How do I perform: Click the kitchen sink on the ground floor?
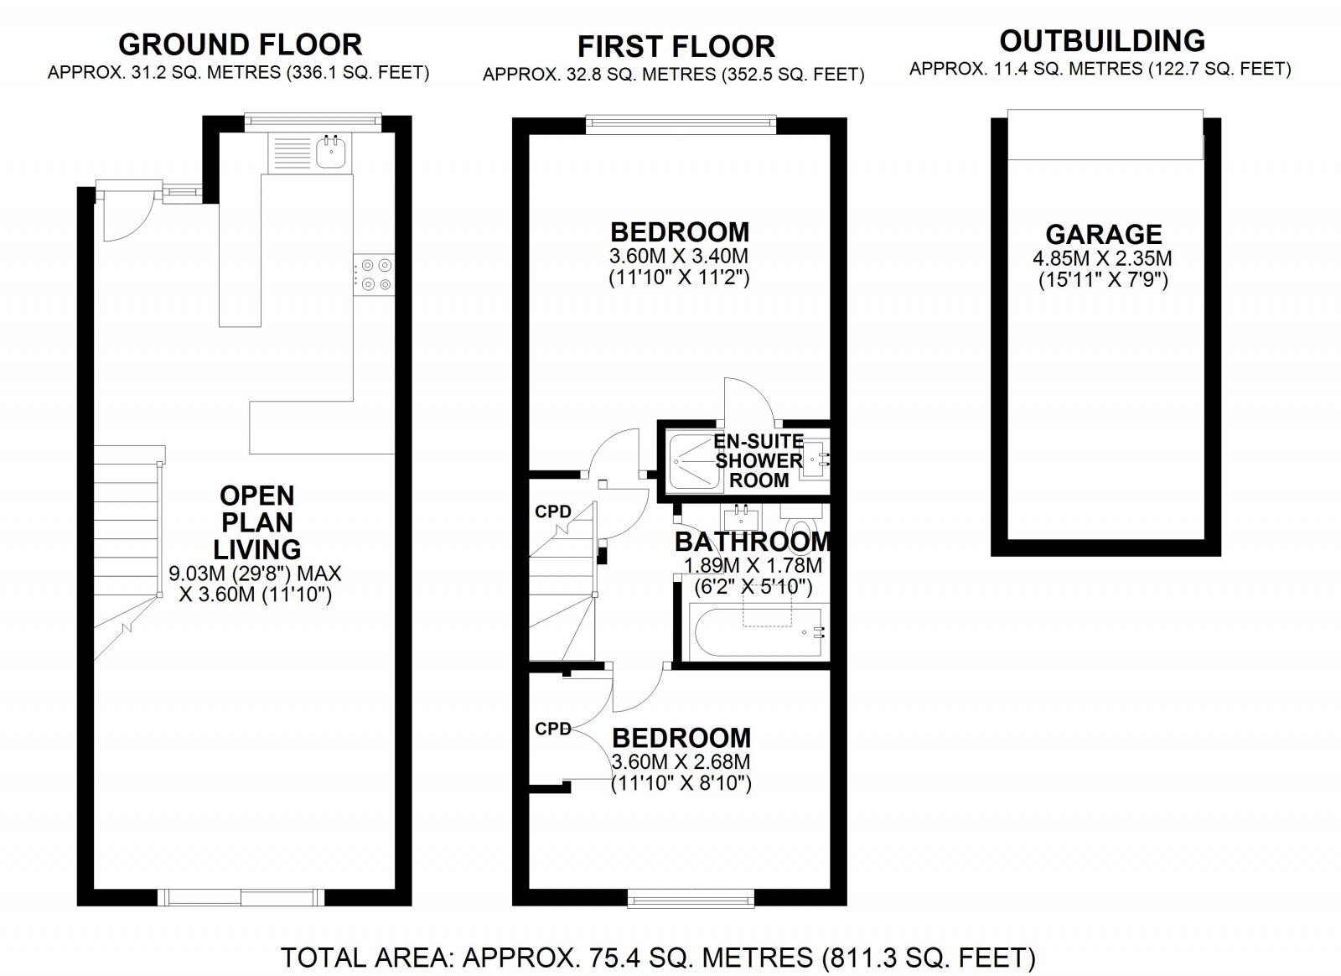pyautogui.click(x=332, y=151)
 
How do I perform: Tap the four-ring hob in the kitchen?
pyautogui.click(x=375, y=273)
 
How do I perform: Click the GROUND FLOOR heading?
pyautogui.click(x=240, y=44)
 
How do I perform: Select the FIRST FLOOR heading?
pyautogui.click(x=676, y=46)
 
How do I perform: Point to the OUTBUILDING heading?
pyautogui.click(x=1102, y=40)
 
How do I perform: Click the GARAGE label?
pyautogui.click(x=1103, y=234)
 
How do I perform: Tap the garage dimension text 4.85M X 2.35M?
pyautogui.click(x=1103, y=258)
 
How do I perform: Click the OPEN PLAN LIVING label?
pyautogui.click(x=256, y=522)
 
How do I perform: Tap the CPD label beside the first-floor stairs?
pyautogui.click(x=553, y=511)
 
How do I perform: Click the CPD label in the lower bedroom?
pyautogui.click(x=553, y=729)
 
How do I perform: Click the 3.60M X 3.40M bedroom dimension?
pyautogui.click(x=678, y=256)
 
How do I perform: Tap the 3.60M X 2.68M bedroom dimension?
pyautogui.click(x=681, y=762)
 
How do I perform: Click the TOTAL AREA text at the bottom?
pyautogui.click(x=658, y=957)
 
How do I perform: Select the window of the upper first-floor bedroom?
pyautogui.click(x=681, y=124)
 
